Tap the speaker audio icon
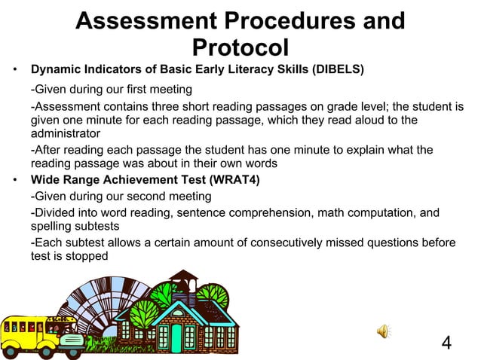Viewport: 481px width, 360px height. pos(384,331)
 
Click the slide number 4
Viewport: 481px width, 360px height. pos(446,343)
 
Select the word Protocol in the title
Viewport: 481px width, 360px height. pos(240,47)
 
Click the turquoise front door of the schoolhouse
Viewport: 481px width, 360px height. pos(177,337)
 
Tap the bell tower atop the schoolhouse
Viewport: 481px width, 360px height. pos(179,286)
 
